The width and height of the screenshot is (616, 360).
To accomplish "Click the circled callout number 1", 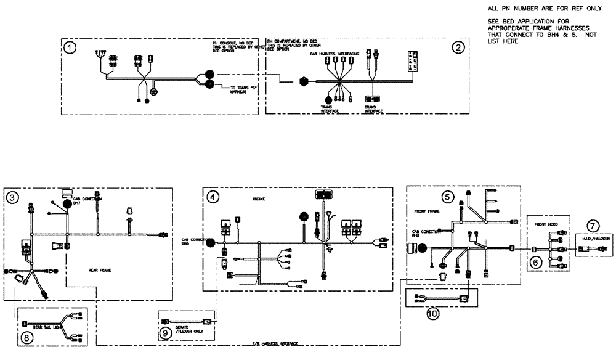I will [x=72, y=47].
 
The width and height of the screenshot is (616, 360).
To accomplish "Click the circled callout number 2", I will [x=456, y=47].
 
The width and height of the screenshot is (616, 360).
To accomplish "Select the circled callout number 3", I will [x=12, y=197].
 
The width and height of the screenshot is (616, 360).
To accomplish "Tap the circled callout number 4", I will [x=212, y=197].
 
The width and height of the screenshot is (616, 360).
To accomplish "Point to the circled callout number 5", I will [x=448, y=197].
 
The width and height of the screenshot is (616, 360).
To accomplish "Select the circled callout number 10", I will [x=433, y=313].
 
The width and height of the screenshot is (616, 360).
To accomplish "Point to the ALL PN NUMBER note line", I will [x=525, y=9].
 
